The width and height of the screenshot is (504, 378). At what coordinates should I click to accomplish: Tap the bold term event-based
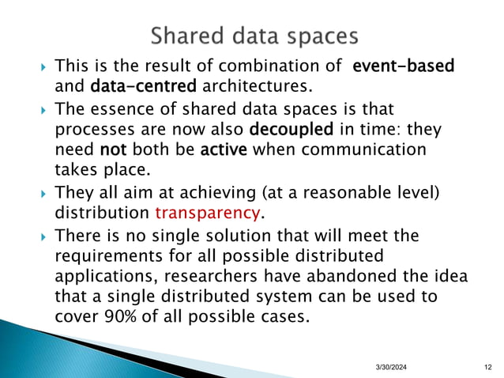(x=403, y=66)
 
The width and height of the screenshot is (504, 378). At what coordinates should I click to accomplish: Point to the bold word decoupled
(x=287, y=128)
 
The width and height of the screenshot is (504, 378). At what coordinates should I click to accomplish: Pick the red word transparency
(x=208, y=214)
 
